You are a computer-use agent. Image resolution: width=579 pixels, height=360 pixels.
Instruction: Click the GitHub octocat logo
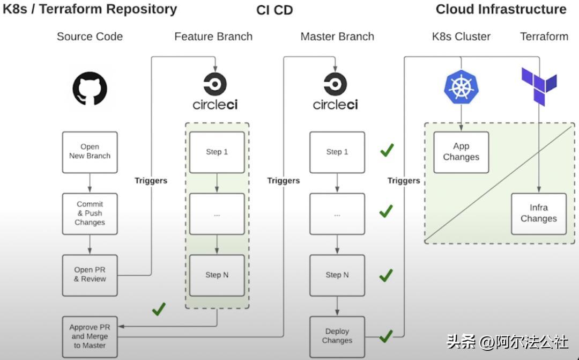90,89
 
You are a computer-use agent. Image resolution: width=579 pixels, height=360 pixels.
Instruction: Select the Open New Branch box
90,152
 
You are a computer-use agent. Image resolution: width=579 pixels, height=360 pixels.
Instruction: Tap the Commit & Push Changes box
90,214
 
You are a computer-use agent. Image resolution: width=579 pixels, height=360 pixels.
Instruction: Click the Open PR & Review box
90,275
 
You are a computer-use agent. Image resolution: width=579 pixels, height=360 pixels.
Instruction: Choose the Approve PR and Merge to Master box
90,336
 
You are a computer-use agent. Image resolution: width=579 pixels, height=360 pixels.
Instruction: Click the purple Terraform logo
539,86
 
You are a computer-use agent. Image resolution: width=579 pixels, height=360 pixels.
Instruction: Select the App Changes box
461,152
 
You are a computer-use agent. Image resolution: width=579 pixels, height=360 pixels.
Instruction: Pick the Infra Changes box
538,214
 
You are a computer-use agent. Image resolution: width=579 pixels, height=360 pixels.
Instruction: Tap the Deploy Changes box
337,336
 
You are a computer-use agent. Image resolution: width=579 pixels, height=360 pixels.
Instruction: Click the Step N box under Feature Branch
217,275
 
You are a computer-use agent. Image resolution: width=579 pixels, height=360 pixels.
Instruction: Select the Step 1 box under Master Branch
337,152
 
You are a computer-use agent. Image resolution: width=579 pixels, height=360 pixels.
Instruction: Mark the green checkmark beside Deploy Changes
386,336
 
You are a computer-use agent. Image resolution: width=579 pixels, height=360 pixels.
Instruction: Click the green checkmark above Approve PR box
159,309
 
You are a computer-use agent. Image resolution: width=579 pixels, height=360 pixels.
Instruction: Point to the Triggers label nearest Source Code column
151,181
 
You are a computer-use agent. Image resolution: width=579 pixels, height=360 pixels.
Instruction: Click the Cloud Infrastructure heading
501,9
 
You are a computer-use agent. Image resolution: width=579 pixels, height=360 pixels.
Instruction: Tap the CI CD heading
274,10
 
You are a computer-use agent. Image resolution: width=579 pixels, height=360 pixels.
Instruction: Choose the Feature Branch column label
213,36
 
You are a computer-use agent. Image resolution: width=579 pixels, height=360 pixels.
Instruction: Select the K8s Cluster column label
461,36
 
